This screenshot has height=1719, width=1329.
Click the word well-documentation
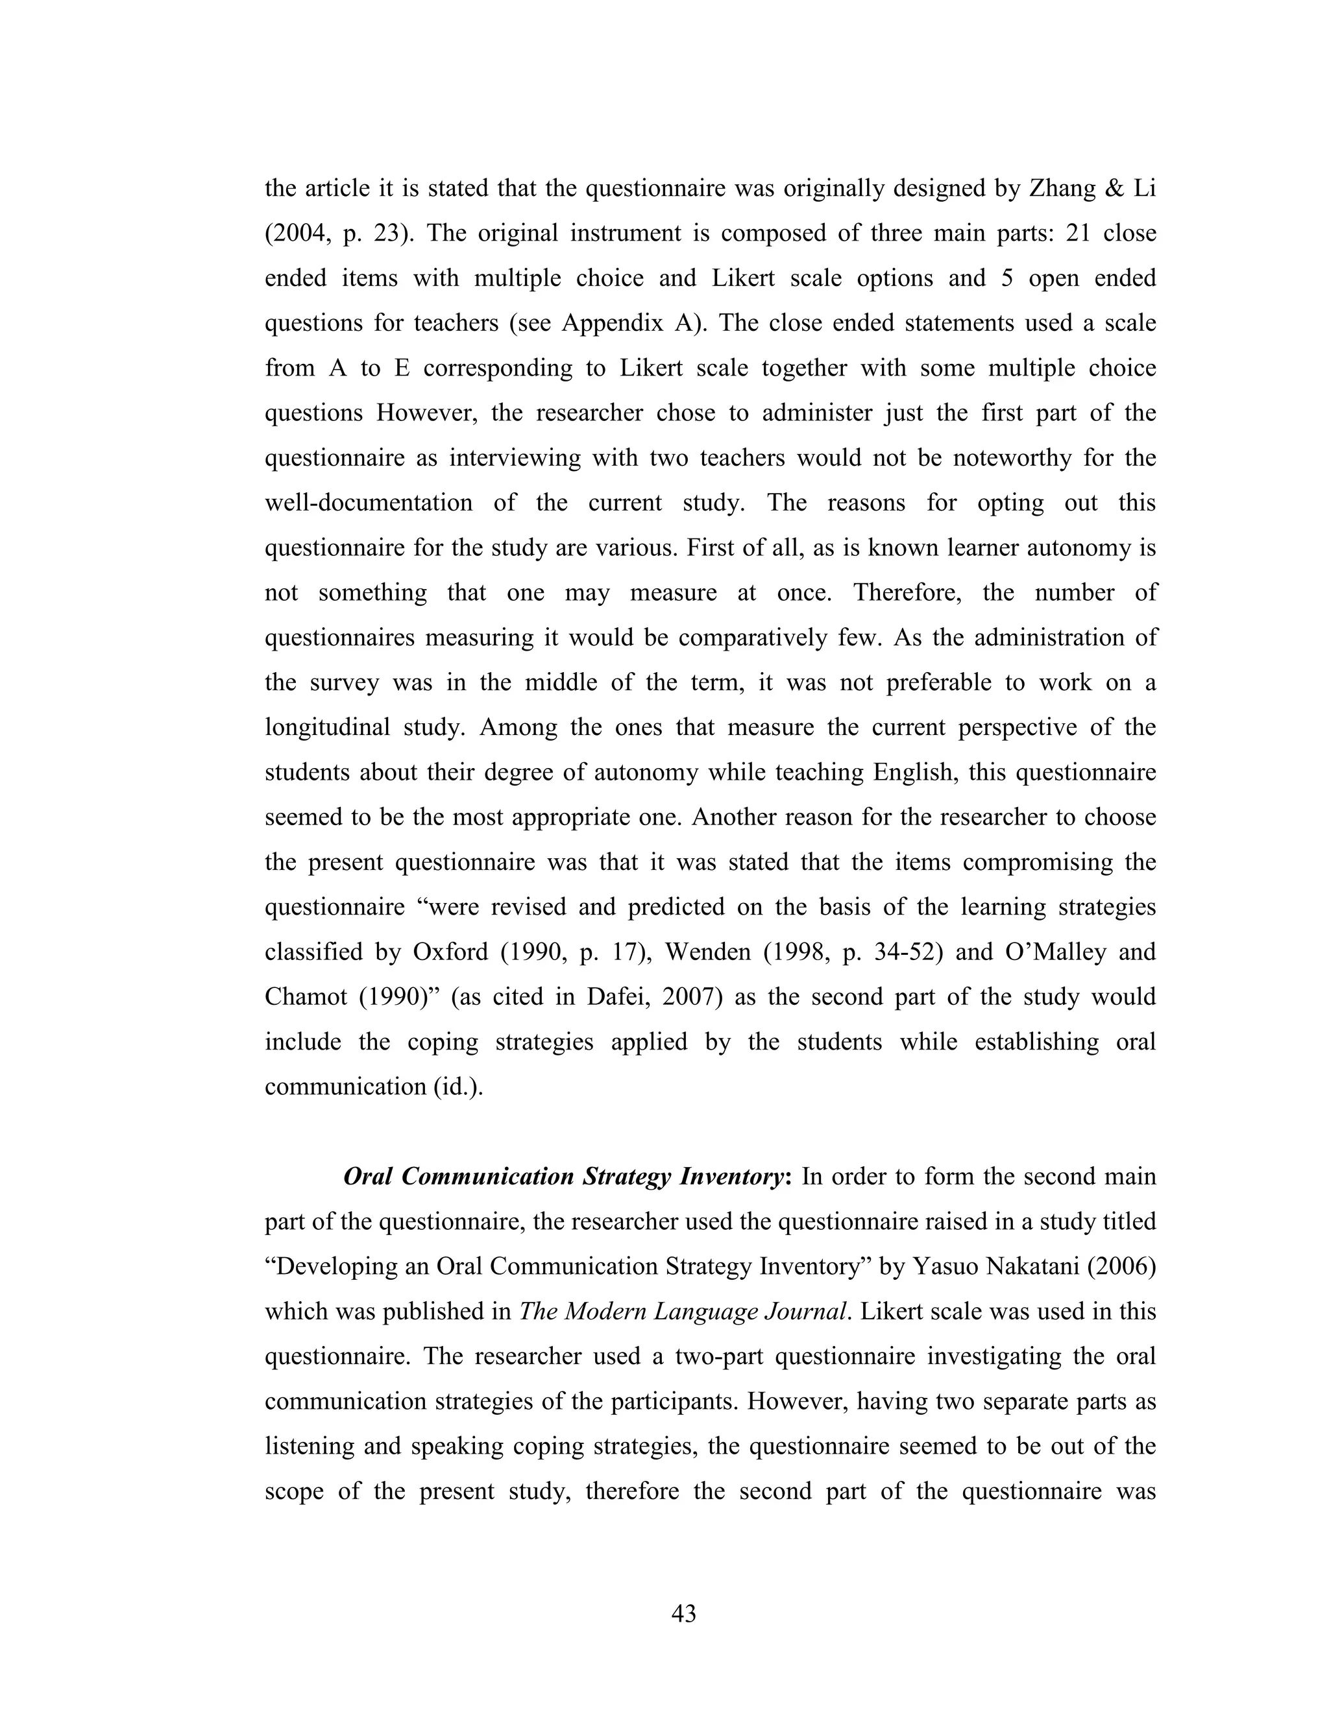coord(369,503)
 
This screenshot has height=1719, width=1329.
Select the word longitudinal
coord(327,727)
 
